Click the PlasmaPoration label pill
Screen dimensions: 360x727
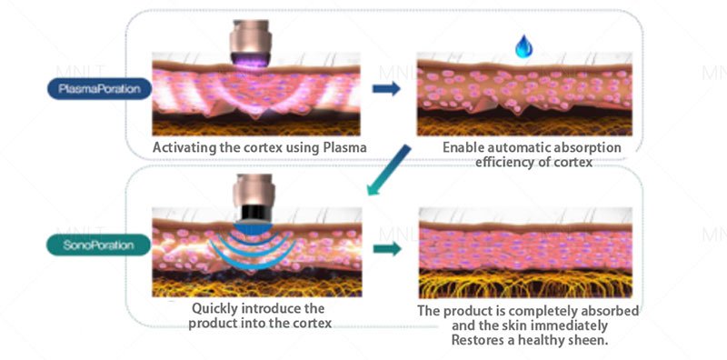(99, 90)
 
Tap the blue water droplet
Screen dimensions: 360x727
(523, 46)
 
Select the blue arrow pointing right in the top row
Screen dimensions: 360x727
(387, 89)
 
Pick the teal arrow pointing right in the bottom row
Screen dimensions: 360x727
(388, 247)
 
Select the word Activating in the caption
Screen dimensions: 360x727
(185, 147)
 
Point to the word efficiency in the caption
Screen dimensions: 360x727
(509, 162)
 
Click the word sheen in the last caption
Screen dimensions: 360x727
(584, 339)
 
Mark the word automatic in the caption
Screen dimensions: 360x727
(520, 147)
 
